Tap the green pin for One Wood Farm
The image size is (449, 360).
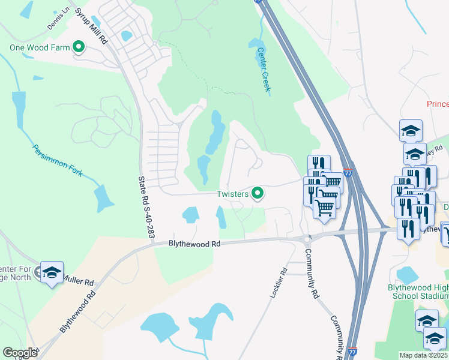click(x=79, y=46)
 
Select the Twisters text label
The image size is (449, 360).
click(x=233, y=193)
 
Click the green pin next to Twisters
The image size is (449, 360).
click(x=258, y=193)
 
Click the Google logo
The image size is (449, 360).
click(x=20, y=353)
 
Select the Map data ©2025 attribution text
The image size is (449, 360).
click(x=423, y=355)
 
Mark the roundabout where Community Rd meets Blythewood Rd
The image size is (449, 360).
click(x=307, y=239)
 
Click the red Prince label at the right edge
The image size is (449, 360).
click(x=438, y=104)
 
